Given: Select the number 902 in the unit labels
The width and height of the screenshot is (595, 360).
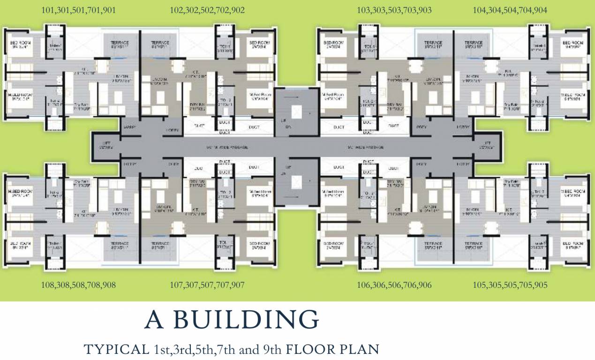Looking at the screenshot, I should coord(237,10).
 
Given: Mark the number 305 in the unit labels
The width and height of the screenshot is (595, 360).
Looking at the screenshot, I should coord(495,285).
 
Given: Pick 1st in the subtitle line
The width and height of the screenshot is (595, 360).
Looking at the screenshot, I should coord(160,349).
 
